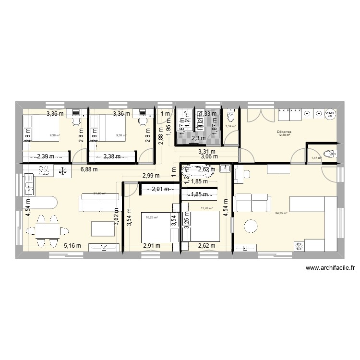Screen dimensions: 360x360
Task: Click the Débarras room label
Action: [x=285, y=131]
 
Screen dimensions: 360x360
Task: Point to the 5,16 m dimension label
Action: [x=72, y=246]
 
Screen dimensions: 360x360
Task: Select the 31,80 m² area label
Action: [x=99, y=193]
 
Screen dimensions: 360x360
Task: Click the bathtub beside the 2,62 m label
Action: [x=195, y=169]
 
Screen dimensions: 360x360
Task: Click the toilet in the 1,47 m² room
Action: [x=329, y=153]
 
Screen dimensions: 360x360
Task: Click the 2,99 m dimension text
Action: [x=151, y=176]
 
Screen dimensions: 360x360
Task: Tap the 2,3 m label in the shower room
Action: [x=198, y=139]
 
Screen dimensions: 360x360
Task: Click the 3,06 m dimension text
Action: [x=209, y=156]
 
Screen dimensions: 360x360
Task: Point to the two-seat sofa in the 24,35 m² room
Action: [x=252, y=202]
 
